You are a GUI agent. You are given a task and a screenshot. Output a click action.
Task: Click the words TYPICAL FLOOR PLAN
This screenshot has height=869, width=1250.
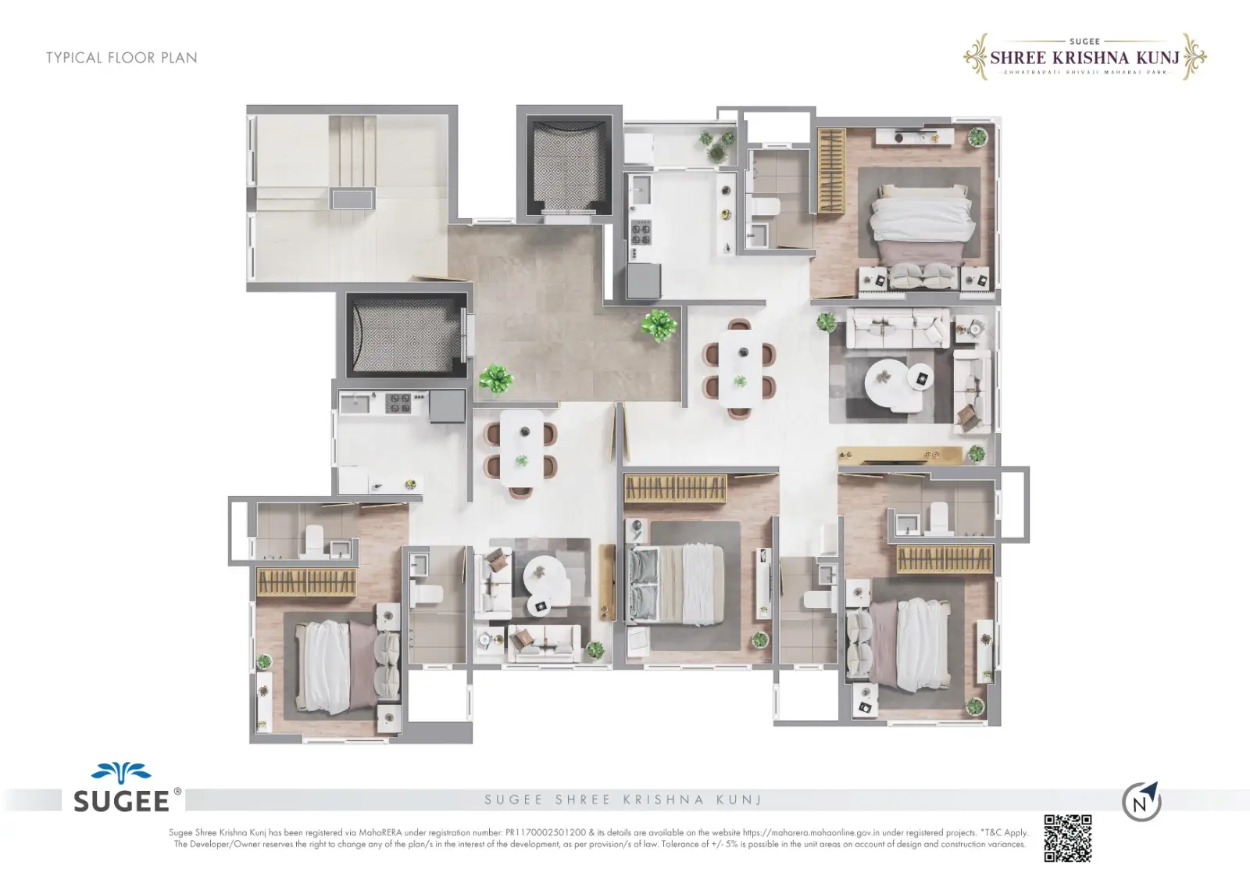coord(121,58)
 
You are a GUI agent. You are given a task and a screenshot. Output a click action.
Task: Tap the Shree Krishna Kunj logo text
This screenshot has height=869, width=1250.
coord(1084,57)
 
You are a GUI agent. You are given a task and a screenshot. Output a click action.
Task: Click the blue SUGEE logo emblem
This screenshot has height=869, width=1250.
coord(120,774)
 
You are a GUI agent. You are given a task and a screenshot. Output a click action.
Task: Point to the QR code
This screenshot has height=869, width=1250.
coord(1067,838)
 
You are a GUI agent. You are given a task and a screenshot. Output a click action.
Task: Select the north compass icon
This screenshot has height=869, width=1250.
coord(1141,802)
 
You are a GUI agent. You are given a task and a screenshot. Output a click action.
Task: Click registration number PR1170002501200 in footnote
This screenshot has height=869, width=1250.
coord(545,833)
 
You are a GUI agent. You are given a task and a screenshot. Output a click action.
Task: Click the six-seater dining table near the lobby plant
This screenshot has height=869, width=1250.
coord(740,368)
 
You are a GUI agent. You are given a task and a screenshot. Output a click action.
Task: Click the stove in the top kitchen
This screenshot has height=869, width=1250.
coord(641,232)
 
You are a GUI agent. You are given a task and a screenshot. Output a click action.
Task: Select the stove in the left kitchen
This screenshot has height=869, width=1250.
coord(399,403)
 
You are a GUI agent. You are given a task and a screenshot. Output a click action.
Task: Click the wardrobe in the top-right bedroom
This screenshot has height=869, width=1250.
coord(830,171)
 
